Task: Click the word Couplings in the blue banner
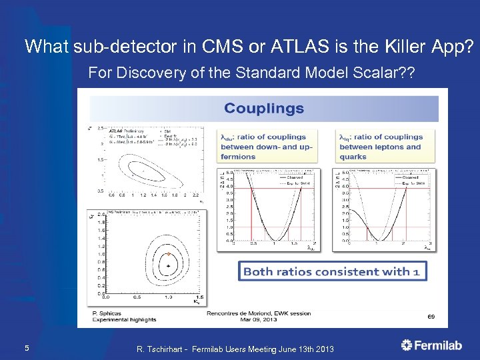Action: pyautogui.click(x=264, y=108)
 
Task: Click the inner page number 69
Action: pyautogui.click(x=431, y=317)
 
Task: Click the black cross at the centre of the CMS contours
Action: pyautogui.click(x=169, y=266)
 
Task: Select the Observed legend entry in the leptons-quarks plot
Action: pyautogui.click(x=409, y=176)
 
